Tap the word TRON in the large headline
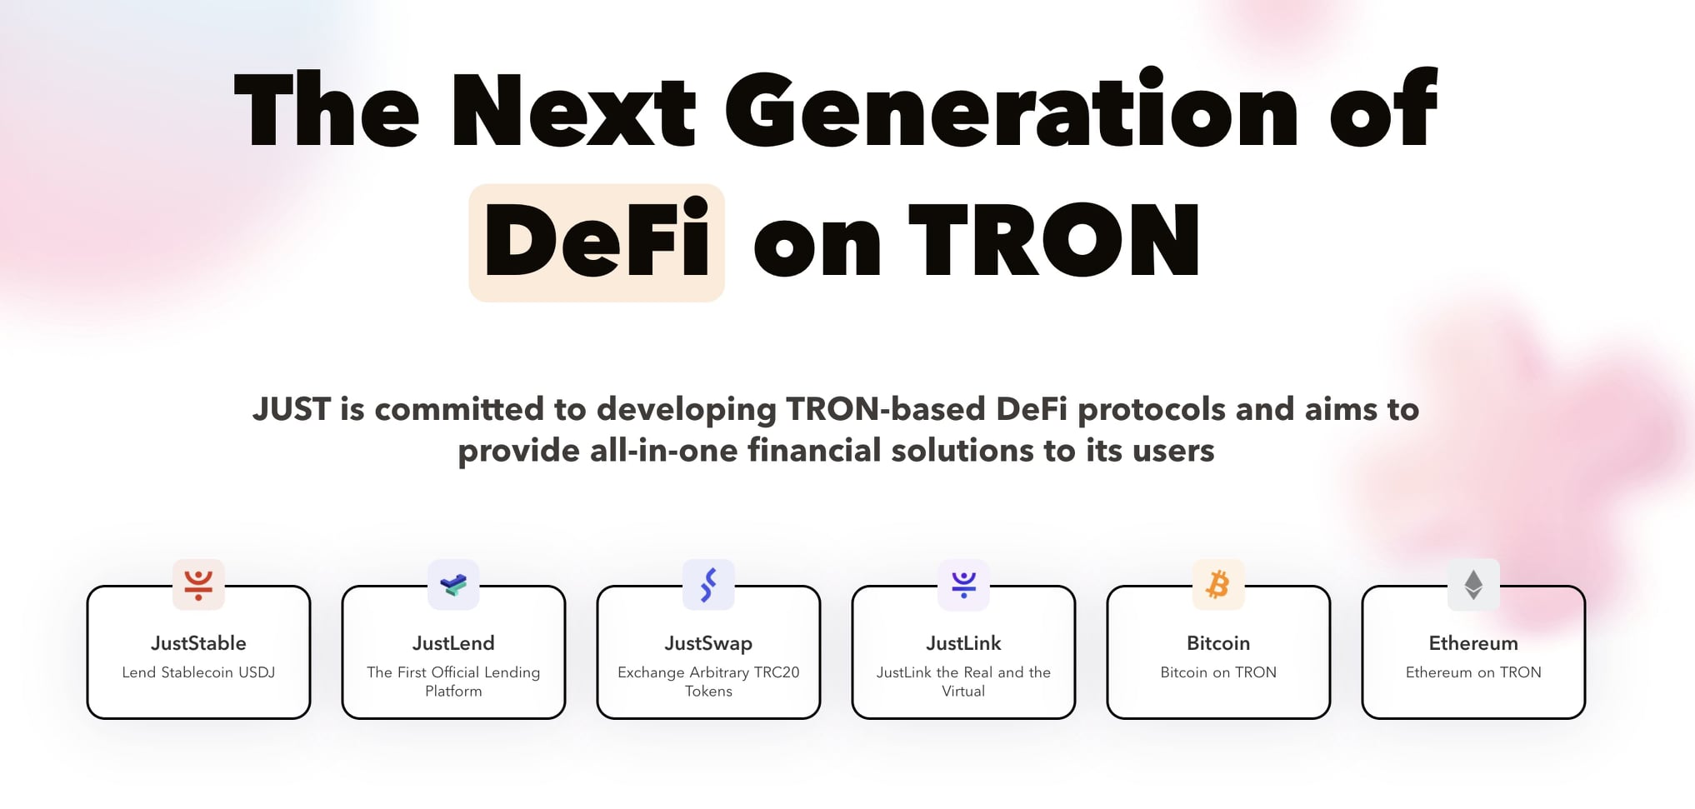(x=1054, y=240)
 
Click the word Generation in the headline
(x=1012, y=108)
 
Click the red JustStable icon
(x=198, y=584)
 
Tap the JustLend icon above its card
(x=453, y=584)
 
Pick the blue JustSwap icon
(x=708, y=584)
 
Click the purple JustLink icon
(x=963, y=584)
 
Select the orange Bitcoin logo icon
(x=1218, y=584)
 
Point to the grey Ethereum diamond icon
(x=1473, y=584)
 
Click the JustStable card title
(x=198, y=643)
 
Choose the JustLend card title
(x=453, y=643)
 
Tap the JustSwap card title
(x=708, y=644)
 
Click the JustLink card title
(x=963, y=643)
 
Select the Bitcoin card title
(x=1218, y=643)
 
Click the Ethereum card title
(x=1473, y=643)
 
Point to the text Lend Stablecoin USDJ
(x=198, y=672)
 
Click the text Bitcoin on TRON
(x=1218, y=672)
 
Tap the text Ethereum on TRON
(x=1473, y=672)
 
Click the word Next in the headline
(x=573, y=110)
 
